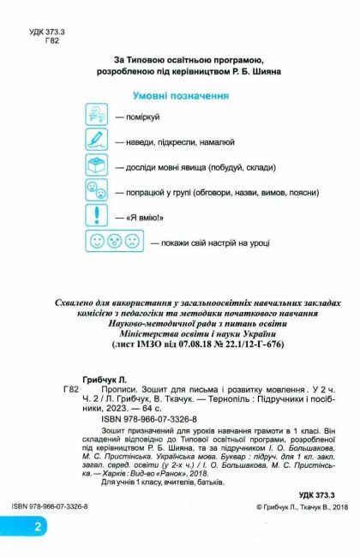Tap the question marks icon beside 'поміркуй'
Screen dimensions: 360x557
tap(97, 117)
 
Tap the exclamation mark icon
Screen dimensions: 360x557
tap(97, 217)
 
